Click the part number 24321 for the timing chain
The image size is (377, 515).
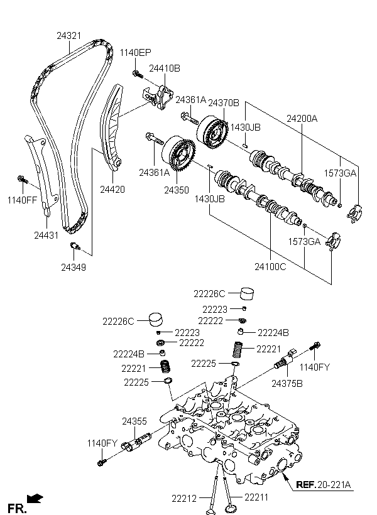click(x=68, y=36)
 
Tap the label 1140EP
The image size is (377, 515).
click(x=136, y=53)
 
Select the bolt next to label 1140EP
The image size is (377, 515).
click(x=138, y=74)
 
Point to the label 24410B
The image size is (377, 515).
click(x=165, y=68)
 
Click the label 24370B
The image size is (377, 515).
click(x=224, y=103)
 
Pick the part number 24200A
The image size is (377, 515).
click(x=302, y=119)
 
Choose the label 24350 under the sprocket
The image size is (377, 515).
click(x=177, y=190)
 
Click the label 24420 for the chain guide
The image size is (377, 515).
click(x=112, y=190)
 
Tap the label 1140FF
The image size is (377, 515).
click(x=23, y=200)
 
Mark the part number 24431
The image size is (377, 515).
click(x=46, y=235)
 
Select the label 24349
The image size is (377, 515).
click(x=74, y=268)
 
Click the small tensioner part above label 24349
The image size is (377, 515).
click(x=75, y=246)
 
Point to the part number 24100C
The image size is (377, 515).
click(x=270, y=267)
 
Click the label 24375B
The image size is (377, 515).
click(x=287, y=383)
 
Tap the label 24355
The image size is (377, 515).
click(x=134, y=421)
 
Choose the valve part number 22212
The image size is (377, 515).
click(x=184, y=499)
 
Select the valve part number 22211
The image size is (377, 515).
click(x=256, y=497)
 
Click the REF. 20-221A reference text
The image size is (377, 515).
click(x=324, y=484)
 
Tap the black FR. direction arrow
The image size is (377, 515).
click(x=35, y=499)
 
